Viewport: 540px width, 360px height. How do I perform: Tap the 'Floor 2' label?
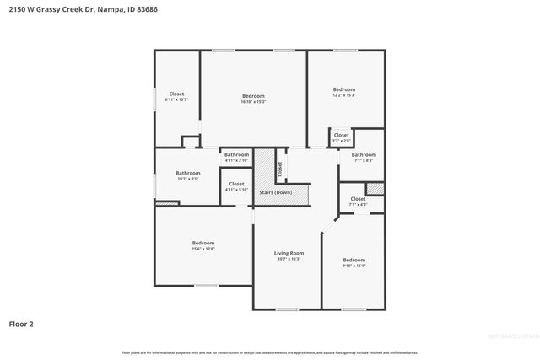21,323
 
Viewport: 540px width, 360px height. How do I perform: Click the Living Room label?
289,253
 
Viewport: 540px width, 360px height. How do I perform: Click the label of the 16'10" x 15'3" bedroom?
253,96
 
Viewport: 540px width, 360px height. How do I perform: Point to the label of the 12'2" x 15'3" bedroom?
343,89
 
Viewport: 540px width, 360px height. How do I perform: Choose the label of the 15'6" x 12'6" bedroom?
203,243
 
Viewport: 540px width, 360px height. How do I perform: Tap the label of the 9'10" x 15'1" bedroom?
354,260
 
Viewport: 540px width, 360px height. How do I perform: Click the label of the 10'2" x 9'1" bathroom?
187,173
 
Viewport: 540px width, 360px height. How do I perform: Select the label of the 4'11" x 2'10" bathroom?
236,154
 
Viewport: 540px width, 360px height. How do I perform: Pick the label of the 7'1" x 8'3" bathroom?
364,154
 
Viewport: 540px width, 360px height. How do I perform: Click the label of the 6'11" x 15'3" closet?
176,94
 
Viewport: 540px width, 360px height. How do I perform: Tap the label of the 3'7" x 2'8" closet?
341,135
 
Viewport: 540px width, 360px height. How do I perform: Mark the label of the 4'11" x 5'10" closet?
236,184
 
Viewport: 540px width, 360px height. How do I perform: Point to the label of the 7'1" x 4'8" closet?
358,199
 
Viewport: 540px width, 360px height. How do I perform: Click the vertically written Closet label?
279,168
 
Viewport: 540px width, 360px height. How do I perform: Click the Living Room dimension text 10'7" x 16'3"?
289,259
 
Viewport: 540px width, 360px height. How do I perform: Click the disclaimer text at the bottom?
270,352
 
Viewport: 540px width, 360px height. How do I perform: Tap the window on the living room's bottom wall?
288,309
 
